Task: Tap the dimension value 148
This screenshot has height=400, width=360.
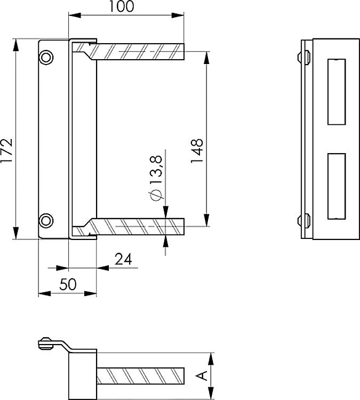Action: (197, 150)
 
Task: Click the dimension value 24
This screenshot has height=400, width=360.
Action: (123, 259)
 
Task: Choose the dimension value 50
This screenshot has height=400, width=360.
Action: (68, 284)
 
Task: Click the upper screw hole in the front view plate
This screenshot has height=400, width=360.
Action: (46, 57)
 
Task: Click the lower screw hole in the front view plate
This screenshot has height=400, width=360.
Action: (46, 219)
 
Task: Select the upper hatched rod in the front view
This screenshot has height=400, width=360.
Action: (140, 51)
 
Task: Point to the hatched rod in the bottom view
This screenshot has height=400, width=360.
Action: (141, 376)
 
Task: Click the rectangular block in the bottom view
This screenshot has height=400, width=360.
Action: (83, 375)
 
